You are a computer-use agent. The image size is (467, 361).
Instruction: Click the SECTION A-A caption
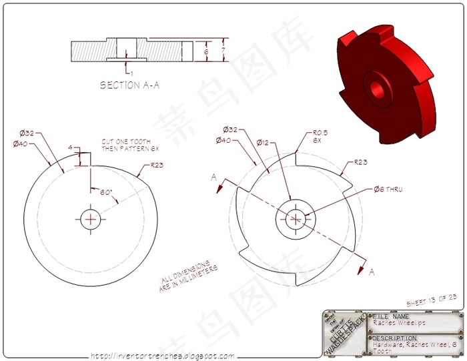tap(129, 85)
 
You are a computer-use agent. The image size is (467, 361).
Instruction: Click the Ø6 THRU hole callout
tap(388, 189)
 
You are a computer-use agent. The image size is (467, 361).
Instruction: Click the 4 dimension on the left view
tap(69, 147)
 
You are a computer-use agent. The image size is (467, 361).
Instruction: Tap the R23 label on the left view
tap(158, 165)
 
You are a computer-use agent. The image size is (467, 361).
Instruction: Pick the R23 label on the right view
tap(360, 161)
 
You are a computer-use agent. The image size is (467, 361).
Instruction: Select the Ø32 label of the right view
tap(231, 129)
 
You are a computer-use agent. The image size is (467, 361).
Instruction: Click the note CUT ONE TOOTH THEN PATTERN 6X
tap(121, 145)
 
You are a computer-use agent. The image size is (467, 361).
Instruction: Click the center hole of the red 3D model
tap(376, 91)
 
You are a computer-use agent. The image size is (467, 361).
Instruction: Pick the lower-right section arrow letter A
tap(372, 272)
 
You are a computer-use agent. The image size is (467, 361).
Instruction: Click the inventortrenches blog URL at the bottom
tap(162, 356)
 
